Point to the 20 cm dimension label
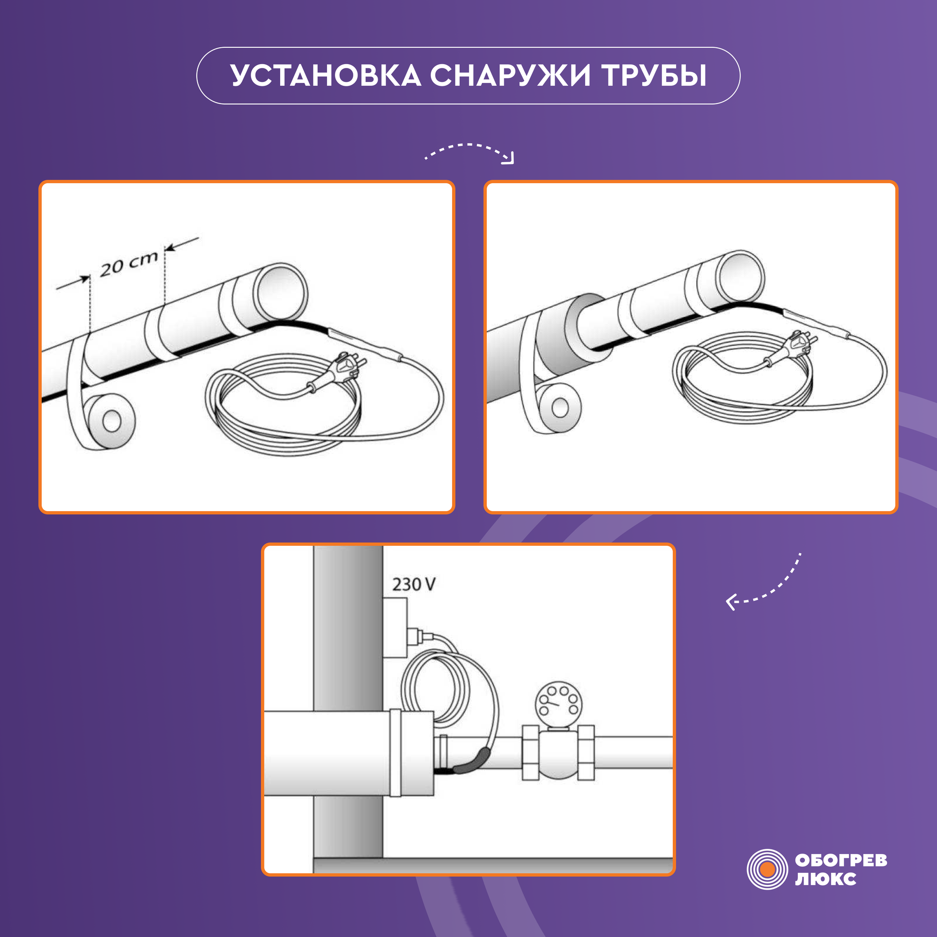point(129,264)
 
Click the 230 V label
point(414,584)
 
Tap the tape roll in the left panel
point(111,421)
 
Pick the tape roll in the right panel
point(560,408)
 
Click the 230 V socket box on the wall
point(395,628)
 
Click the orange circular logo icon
point(767,870)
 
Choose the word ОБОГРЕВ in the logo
point(841,860)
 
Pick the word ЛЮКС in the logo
point(825,879)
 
